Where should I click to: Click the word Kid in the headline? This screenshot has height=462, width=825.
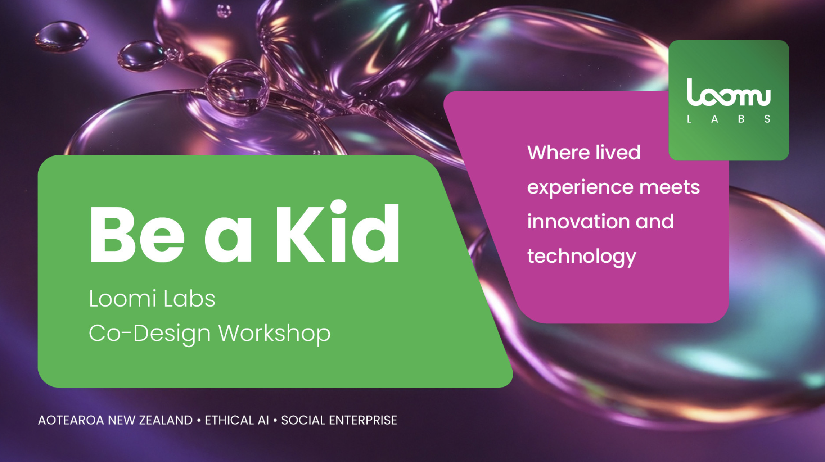(x=337, y=233)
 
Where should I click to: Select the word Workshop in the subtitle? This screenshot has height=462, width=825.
(x=274, y=333)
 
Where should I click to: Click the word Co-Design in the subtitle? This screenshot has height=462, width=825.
(x=149, y=333)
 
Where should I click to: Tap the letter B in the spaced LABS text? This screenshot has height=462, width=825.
(x=741, y=119)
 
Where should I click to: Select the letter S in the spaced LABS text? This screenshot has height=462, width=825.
(x=767, y=119)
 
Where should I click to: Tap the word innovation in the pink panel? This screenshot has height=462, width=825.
(x=578, y=221)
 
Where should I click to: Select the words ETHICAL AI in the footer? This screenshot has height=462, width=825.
(x=236, y=420)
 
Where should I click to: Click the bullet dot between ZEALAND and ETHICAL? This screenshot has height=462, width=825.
(x=199, y=420)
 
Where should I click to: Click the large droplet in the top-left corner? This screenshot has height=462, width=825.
(x=61, y=36)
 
